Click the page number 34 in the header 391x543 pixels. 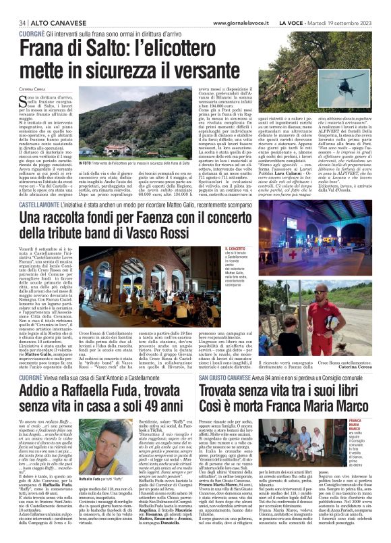(11, 22)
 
